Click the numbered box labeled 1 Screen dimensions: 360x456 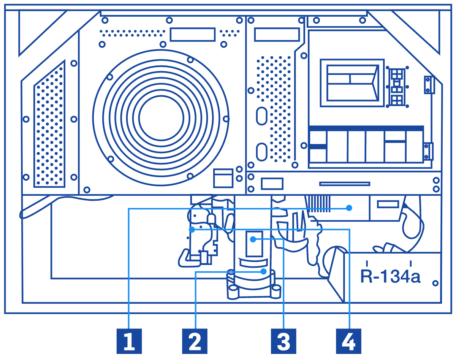tap(129, 341)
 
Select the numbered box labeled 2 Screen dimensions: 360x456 tap(195, 341)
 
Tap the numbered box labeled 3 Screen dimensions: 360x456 tap(283, 341)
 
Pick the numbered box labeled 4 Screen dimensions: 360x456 tap(348, 341)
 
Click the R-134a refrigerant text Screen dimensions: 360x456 tap(390, 276)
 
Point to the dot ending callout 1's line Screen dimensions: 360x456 tap(349, 208)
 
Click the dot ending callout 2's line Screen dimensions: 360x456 tap(263, 271)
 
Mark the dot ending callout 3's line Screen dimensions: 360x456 tap(253, 239)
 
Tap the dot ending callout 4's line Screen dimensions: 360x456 tap(192, 230)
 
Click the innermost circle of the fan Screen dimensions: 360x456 tap(161, 117)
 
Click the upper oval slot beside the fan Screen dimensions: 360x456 tap(261, 116)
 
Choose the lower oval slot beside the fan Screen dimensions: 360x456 tap(261, 152)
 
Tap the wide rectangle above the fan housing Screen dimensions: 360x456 tap(192, 35)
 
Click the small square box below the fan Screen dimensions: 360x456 tap(223, 178)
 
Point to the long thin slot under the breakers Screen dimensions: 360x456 tap(345, 184)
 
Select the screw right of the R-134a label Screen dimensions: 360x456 tap(435, 283)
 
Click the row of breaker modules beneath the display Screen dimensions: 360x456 tap(366, 146)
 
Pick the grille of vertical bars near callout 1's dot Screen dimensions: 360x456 tap(318, 204)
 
